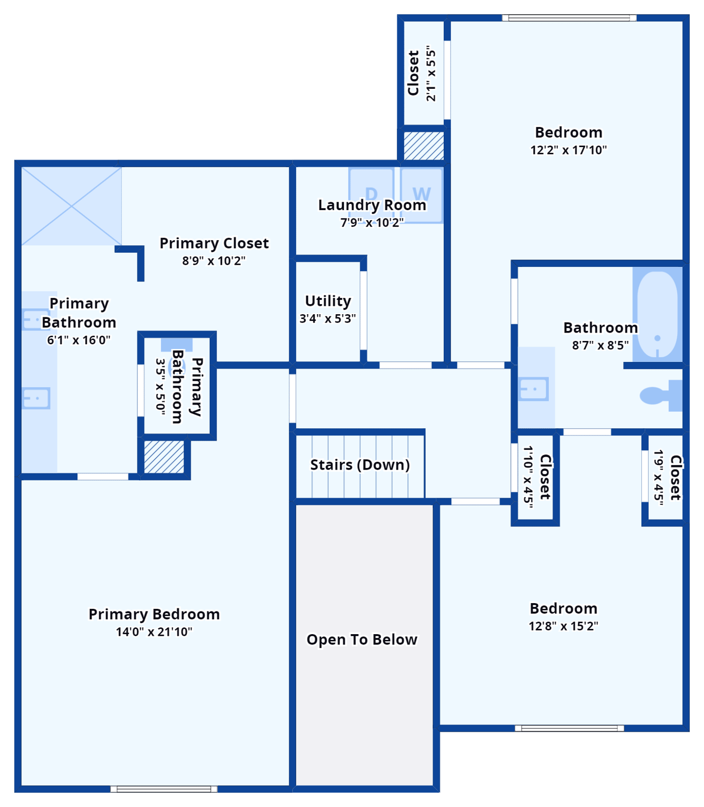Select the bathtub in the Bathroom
[657, 315]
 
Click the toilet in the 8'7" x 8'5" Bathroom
[660, 396]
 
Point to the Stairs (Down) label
[360, 465]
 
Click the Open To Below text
[362, 639]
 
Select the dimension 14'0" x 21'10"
[154, 632]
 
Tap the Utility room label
[328, 301]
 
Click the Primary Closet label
[214, 243]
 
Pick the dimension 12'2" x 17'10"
[568, 150]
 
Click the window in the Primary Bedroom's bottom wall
[164, 789]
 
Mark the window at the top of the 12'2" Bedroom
[569, 18]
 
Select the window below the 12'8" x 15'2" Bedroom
[569, 728]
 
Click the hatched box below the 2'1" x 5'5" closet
[424, 146]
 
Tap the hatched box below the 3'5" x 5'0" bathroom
[164, 457]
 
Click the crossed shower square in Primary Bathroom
[71, 206]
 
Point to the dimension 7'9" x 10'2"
[372, 223]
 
